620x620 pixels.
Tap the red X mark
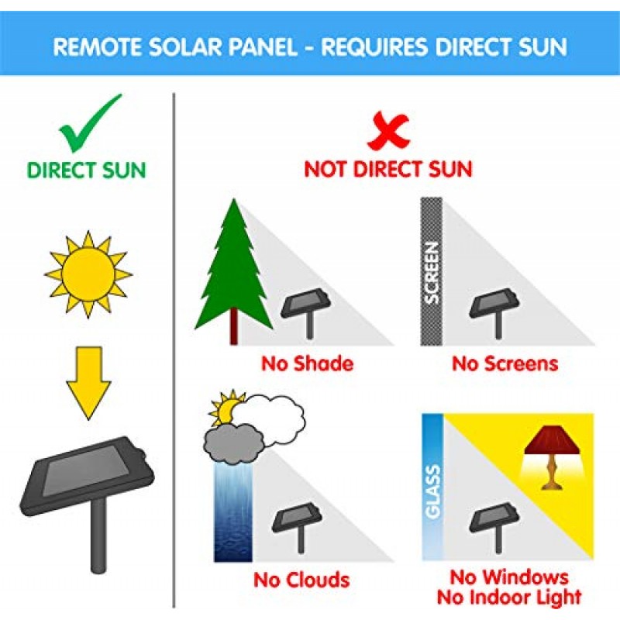pyautogui.click(x=388, y=131)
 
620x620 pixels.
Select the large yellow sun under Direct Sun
pyautogui.click(x=88, y=274)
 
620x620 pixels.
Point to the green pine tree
pyautogui.click(x=234, y=265)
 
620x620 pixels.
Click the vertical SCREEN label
pyautogui.click(x=432, y=273)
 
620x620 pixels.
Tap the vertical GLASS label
pyautogui.click(x=432, y=491)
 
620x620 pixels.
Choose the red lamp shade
pyautogui.click(x=552, y=439)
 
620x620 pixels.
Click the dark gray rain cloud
pyautogui.click(x=233, y=443)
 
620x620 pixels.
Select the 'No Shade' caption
pyautogui.click(x=307, y=363)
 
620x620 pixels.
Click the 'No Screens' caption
pyautogui.click(x=505, y=363)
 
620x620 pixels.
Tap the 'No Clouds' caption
pyautogui.click(x=301, y=580)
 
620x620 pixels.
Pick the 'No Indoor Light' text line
pyautogui.click(x=509, y=597)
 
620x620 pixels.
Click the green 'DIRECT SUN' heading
pyautogui.click(x=87, y=170)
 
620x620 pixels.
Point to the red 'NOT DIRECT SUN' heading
pyautogui.click(x=388, y=169)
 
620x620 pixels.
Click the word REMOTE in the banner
pyautogui.click(x=98, y=46)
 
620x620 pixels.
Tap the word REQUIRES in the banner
pyautogui.click(x=374, y=46)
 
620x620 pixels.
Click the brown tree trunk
pyautogui.click(x=234, y=326)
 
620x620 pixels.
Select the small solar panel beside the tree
pyautogui.click(x=305, y=312)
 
